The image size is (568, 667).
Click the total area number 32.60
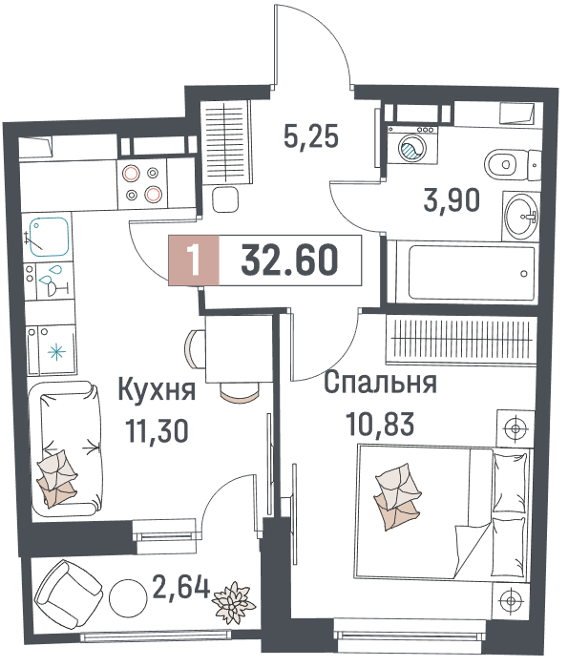tap(290, 260)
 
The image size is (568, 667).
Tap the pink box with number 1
tap(194, 260)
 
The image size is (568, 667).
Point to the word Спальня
tap(380, 383)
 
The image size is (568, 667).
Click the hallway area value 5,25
tap(311, 136)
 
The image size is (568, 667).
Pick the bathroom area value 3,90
tap(452, 200)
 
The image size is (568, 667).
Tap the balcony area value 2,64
tap(181, 587)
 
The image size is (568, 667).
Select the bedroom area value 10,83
tap(380, 424)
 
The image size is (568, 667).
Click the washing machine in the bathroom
tap(411, 145)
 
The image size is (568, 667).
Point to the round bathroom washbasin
tap(520, 216)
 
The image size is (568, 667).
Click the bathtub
tap(472, 272)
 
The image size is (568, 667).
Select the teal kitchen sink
tap(50, 237)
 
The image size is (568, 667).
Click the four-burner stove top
tap(142, 184)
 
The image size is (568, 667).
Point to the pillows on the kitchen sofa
tap(57, 478)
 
